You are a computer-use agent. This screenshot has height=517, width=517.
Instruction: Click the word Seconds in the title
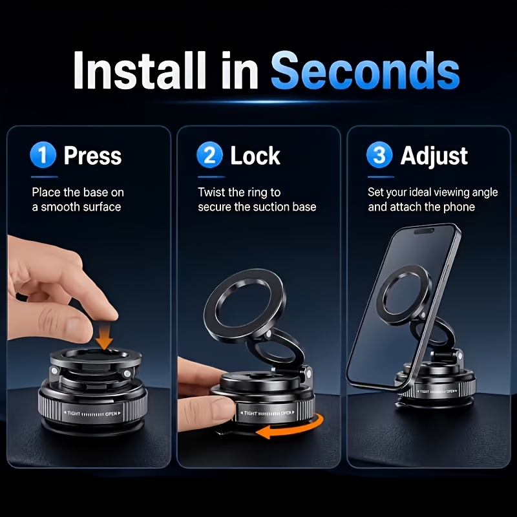[x=365, y=70]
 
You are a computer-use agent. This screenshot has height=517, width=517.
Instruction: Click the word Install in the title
[x=140, y=70]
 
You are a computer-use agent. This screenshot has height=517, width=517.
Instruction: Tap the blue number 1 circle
[x=43, y=154]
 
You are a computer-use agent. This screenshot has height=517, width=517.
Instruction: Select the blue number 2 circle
[x=209, y=154]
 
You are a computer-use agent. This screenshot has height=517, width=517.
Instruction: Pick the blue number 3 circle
[x=379, y=154]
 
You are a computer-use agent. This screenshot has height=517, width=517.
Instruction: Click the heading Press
[x=92, y=155]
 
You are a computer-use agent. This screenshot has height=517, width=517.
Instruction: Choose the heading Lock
[x=255, y=156]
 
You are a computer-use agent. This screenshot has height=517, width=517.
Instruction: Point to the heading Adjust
[x=434, y=156]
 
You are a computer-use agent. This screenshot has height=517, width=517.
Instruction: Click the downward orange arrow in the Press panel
[x=105, y=335]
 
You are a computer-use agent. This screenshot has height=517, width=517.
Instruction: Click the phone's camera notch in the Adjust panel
[x=425, y=231]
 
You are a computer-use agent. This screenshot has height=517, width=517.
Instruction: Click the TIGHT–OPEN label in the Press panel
[x=92, y=414]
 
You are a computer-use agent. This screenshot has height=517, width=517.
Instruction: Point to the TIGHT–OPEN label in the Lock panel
[x=267, y=413]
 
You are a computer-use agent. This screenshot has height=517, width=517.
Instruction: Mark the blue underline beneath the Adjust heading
[x=381, y=177]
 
